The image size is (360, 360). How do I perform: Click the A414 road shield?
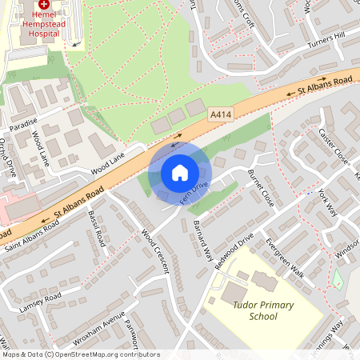(222, 116)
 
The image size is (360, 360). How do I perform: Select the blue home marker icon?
(180, 172)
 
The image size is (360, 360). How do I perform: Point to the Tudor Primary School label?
(263, 310)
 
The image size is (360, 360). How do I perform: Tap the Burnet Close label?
(261, 188)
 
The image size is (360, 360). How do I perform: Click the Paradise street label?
(24, 127)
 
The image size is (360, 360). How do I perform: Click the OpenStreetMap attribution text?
(70, 354)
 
